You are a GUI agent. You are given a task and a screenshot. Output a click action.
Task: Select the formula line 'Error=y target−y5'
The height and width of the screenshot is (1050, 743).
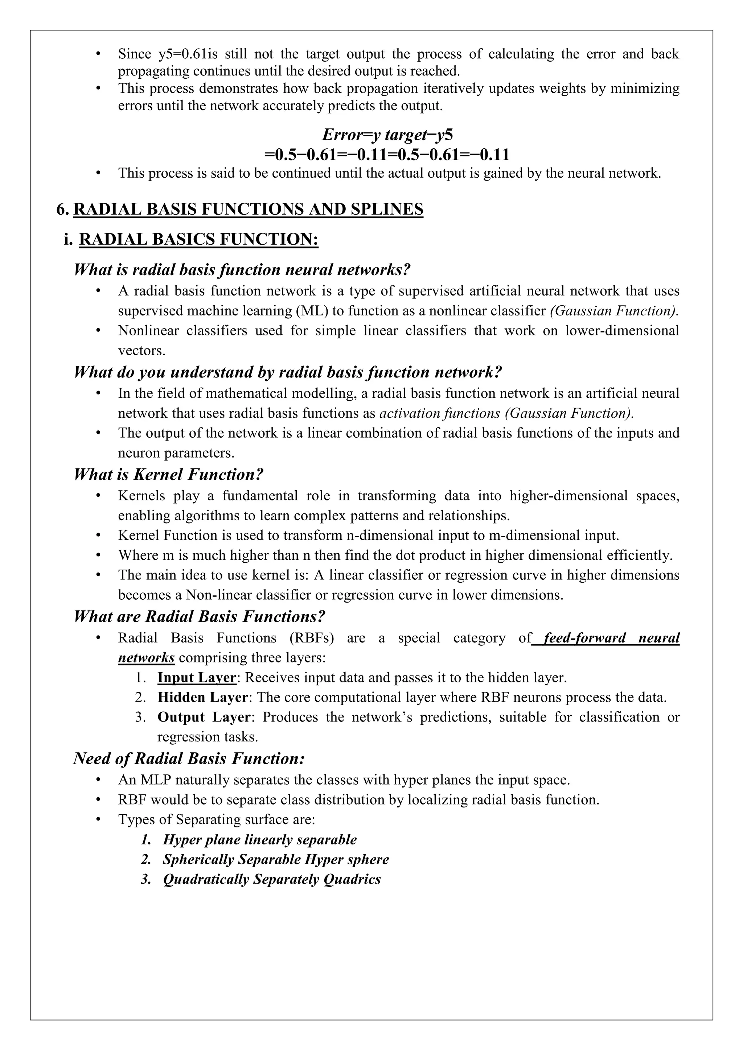click(x=387, y=135)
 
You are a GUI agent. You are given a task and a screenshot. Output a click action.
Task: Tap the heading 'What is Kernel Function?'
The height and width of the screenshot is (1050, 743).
click(x=168, y=474)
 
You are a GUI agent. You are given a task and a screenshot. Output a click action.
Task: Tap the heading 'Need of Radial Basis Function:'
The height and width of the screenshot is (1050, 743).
click(x=189, y=759)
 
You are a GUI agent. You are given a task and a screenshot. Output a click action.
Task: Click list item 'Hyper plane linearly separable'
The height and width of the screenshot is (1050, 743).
click(x=259, y=840)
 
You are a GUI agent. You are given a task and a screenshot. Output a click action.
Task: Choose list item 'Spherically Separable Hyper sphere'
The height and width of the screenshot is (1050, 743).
click(x=275, y=859)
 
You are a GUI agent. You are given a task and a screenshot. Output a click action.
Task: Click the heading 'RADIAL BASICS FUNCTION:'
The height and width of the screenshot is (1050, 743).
click(x=198, y=240)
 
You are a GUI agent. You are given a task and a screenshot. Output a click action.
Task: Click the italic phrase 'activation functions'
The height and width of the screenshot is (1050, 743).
click(x=440, y=413)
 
